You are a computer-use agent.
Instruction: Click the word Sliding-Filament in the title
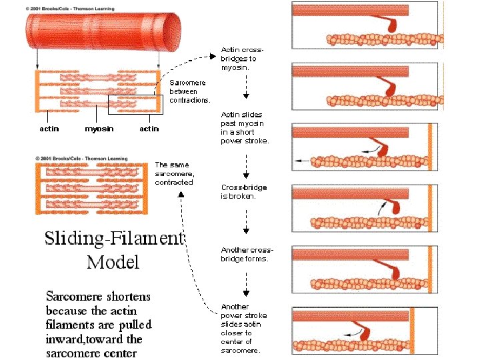113,239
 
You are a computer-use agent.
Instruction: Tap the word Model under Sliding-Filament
113,262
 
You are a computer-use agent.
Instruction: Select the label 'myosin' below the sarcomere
98,129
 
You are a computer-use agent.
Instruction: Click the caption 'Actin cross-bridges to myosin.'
243,59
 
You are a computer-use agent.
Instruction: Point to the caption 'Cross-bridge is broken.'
244,192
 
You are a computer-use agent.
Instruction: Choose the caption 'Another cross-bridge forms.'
247,254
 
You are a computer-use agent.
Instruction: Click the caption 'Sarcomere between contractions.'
190,91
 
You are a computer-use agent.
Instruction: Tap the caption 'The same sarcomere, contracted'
174,173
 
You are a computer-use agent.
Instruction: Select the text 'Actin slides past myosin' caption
245,127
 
